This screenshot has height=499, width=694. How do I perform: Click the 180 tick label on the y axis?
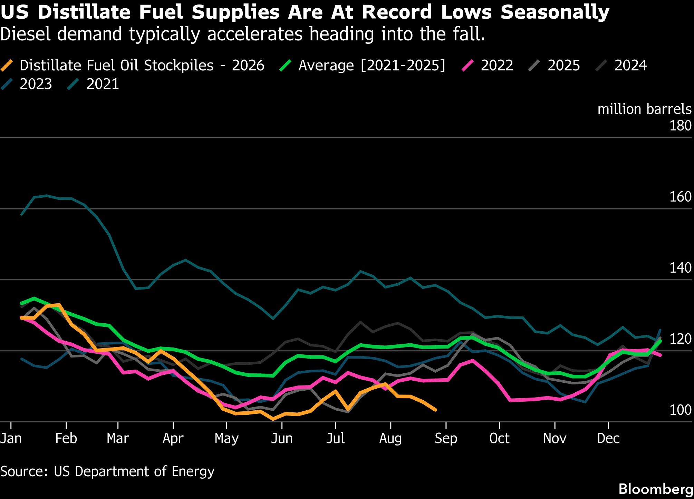click(680, 126)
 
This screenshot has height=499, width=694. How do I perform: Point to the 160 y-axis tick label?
click(680, 197)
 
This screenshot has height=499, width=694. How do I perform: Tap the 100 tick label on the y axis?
click(680, 410)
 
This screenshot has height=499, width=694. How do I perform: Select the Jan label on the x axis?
click(11, 438)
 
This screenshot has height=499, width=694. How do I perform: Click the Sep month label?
click(446, 439)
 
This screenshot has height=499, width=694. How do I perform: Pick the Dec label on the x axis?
click(608, 438)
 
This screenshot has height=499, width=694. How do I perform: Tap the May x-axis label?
click(226, 439)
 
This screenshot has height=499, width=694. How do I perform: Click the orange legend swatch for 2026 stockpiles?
click(7, 66)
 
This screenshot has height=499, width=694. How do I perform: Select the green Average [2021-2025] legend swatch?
click(286, 66)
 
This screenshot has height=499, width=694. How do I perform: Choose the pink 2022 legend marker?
click(468, 66)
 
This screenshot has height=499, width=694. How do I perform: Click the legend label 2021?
click(103, 84)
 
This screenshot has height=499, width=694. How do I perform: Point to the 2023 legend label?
click(36, 84)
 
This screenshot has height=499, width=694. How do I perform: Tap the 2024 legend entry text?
click(630, 66)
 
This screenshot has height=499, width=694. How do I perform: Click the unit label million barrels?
click(644, 109)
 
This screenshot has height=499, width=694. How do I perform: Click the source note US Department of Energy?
click(134, 471)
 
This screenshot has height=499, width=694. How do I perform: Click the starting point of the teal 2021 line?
click(22, 214)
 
